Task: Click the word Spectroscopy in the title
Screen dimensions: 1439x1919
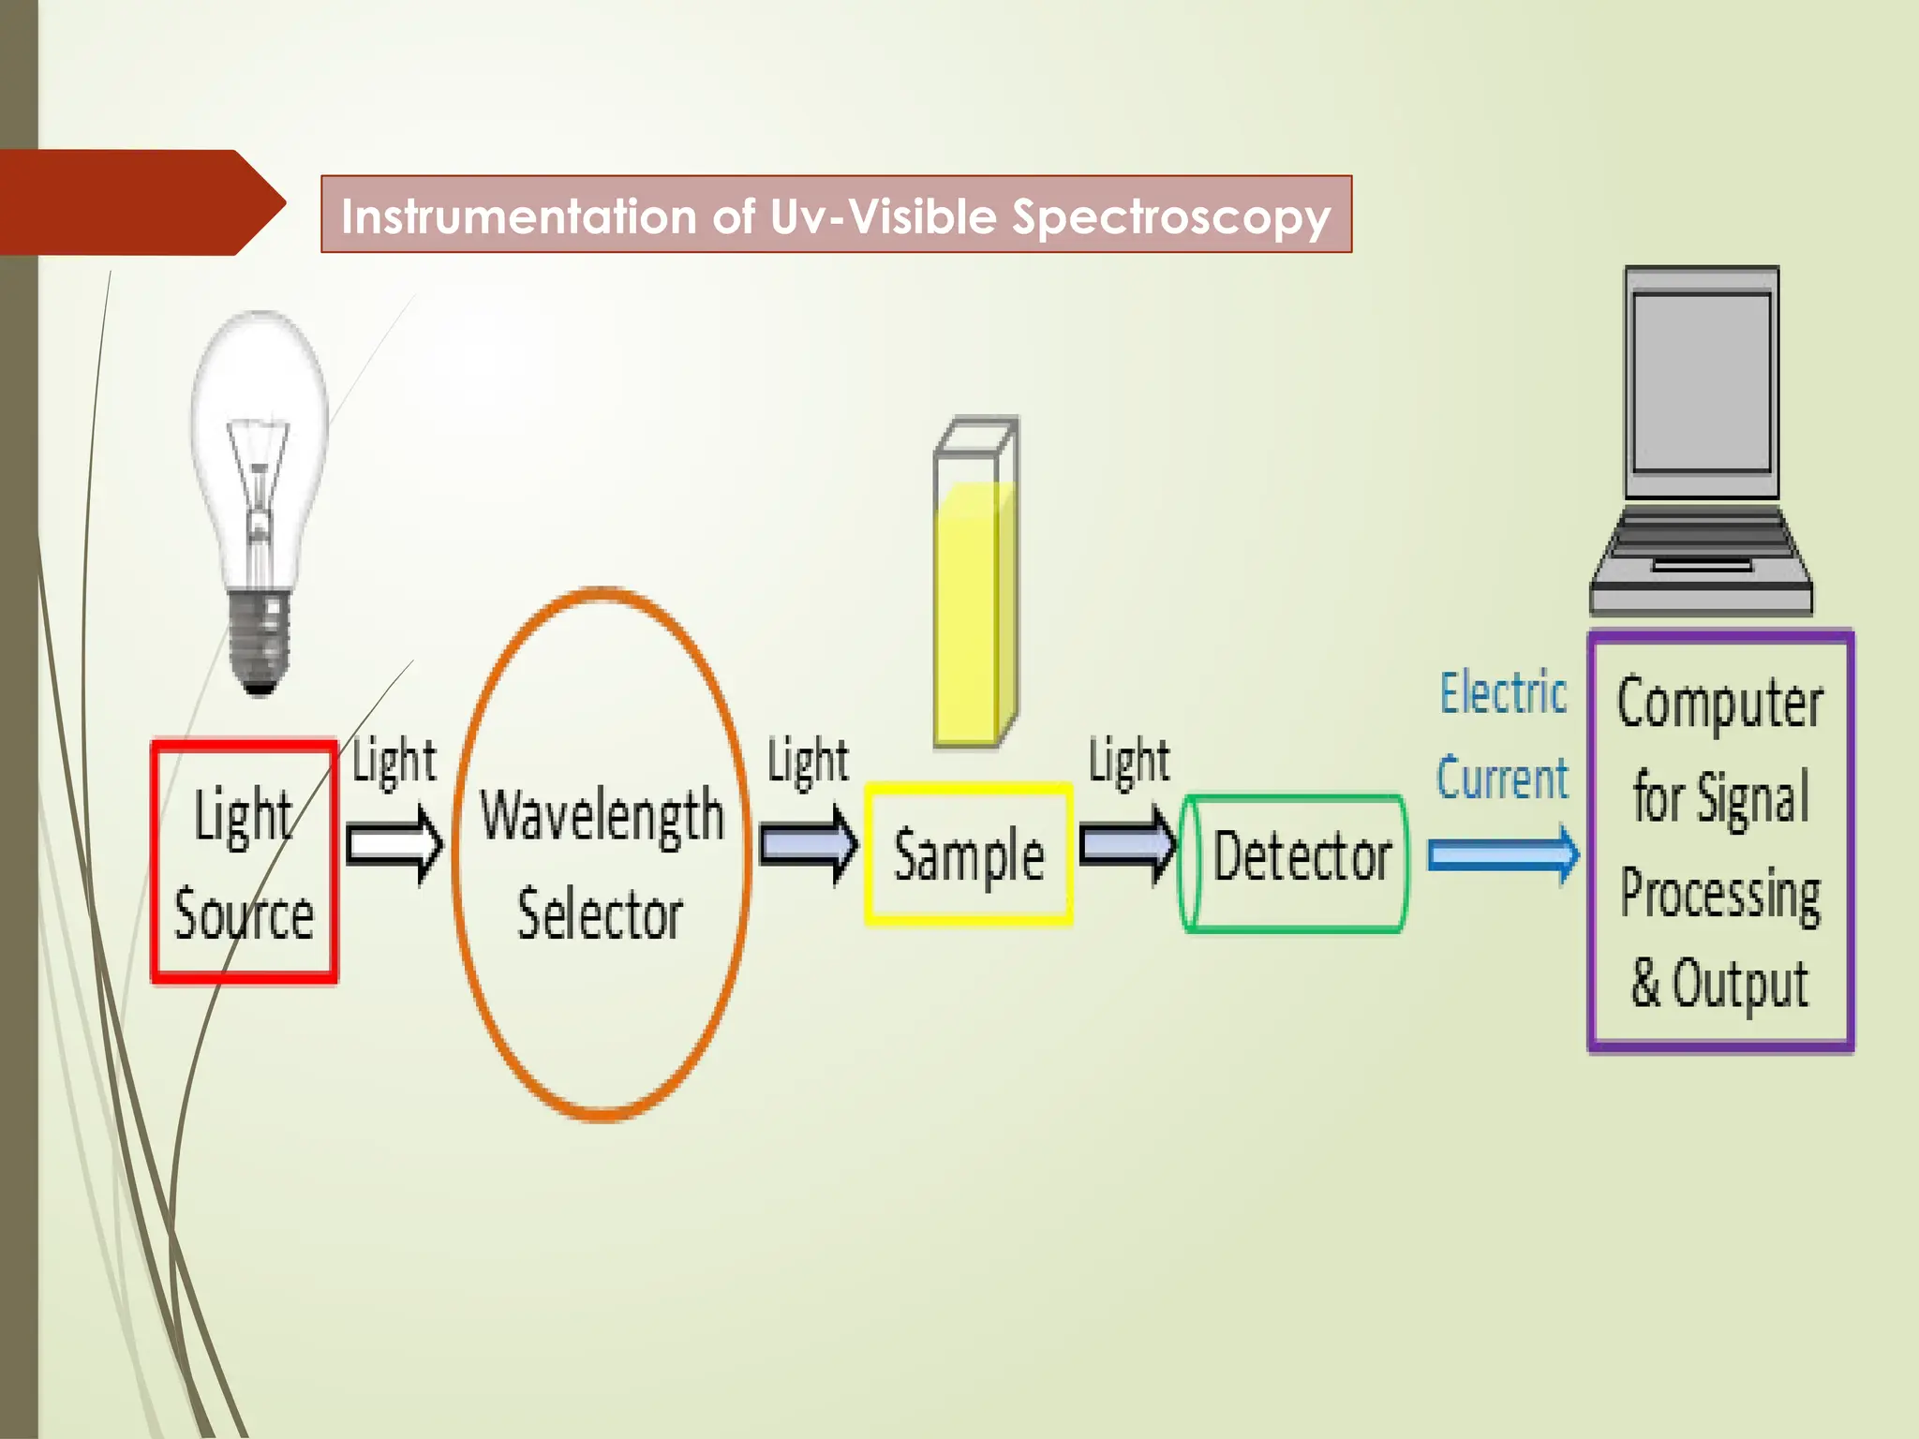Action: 1171,216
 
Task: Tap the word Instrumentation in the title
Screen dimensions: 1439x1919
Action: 519,216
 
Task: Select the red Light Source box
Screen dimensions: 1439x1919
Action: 244,862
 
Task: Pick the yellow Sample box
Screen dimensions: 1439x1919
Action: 969,854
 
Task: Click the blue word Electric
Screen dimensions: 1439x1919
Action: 1503,694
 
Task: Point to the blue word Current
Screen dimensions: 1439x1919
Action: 1502,779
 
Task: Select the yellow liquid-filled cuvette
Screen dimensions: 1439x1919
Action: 974,609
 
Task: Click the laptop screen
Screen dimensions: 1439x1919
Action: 1702,382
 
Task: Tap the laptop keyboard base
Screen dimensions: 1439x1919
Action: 1702,562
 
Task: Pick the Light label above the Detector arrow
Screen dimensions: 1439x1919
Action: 1129,760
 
